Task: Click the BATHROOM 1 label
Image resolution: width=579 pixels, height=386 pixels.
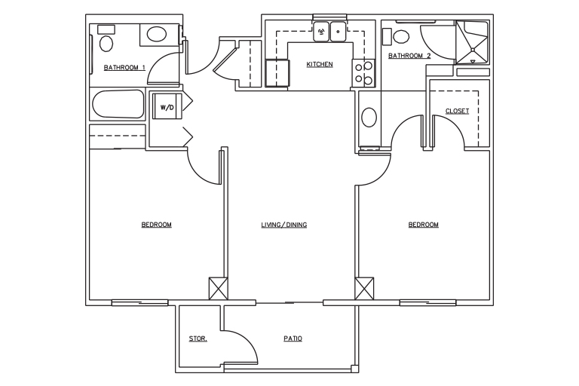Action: click(x=124, y=68)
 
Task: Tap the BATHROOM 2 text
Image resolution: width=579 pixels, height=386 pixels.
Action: click(x=409, y=56)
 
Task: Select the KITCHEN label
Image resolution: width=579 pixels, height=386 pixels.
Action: click(x=320, y=64)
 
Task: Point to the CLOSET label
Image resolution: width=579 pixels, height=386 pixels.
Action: click(x=457, y=111)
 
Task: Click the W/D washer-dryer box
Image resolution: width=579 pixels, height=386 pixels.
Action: click(x=167, y=106)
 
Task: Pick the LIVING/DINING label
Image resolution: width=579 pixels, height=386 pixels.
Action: click(x=284, y=225)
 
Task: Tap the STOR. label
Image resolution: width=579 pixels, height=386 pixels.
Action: click(x=198, y=339)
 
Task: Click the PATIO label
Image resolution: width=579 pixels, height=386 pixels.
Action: click(x=293, y=339)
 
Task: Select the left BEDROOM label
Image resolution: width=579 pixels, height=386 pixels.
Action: click(x=157, y=225)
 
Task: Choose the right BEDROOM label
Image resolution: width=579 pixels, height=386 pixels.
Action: click(x=424, y=225)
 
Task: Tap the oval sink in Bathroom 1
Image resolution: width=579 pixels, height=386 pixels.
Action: click(x=157, y=35)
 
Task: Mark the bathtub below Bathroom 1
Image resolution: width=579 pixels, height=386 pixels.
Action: click(x=118, y=104)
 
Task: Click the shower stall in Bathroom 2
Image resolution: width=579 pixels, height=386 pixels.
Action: click(x=472, y=42)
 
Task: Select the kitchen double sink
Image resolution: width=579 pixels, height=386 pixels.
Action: click(x=329, y=32)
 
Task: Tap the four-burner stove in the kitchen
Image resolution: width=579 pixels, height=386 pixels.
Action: click(x=363, y=73)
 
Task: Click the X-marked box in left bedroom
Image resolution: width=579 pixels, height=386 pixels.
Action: click(x=218, y=289)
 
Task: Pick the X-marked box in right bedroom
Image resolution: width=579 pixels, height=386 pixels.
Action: click(x=364, y=289)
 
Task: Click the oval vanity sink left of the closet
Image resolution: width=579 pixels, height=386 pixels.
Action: click(x=369, y=118)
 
